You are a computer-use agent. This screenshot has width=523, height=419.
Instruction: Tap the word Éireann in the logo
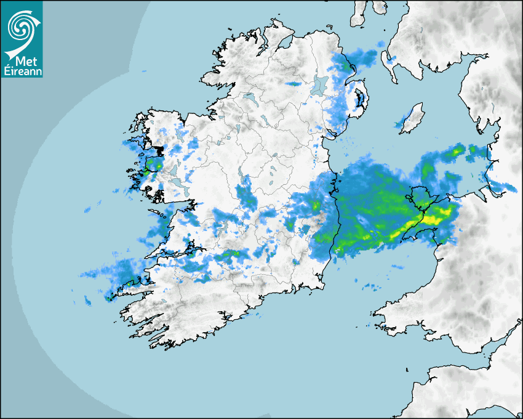tap(22, 71)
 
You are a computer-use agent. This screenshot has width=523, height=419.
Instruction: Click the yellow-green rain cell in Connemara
tap(156, 165)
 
